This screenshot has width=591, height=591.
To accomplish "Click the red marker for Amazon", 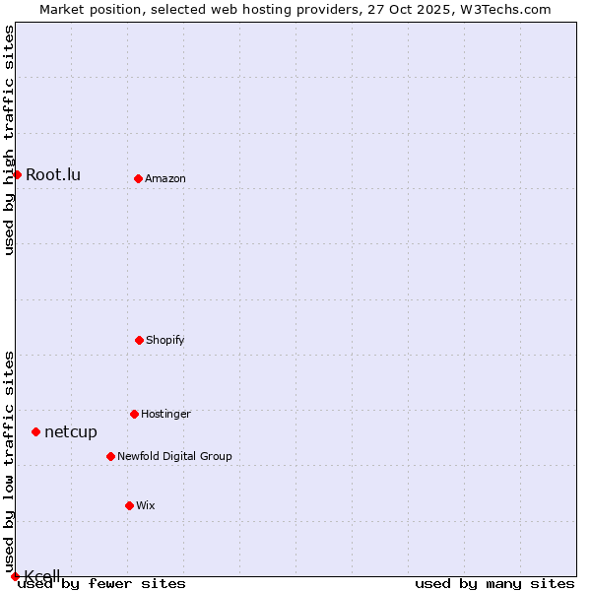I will click(138, 178).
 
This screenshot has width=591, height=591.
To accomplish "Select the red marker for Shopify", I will click(139, 340).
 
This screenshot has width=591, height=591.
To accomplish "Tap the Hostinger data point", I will click(134, 414).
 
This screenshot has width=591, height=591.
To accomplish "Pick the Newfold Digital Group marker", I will click(110, 456).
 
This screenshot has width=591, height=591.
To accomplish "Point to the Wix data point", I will click(129, 505).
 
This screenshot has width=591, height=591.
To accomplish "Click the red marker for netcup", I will click(35, 431).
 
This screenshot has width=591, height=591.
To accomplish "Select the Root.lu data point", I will click(17, 174).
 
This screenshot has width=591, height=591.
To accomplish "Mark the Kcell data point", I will click(15, 576).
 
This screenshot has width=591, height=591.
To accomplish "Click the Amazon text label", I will click(165, 178).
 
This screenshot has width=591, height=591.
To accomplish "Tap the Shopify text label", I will click(165, 340).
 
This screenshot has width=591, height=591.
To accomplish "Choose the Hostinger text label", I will click(165, 414).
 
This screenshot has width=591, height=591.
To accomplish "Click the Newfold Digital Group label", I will click(174, 456).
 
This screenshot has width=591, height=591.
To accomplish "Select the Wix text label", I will click(146, 505).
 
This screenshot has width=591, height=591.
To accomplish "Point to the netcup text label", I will click(71, 431).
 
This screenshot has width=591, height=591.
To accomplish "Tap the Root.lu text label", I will click(53, 175).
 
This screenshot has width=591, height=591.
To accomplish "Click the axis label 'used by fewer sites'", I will click(101, 584).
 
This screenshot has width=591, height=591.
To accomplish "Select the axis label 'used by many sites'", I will click(494, 584).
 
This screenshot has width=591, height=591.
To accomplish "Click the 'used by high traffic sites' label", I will click(9, 141).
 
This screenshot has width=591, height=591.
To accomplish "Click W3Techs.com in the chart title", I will click(502, 9).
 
